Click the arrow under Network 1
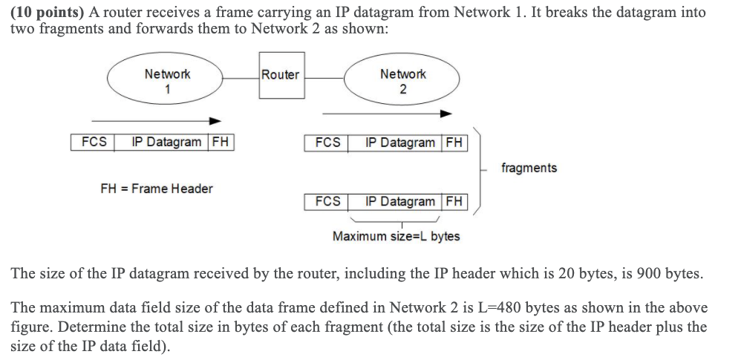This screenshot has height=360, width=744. point(156,120)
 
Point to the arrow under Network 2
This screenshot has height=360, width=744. point(386,114)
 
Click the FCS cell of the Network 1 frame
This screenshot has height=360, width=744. point(93,142)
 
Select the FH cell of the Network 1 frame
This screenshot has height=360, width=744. point(221,142)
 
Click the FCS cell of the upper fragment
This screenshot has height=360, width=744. point(327,143)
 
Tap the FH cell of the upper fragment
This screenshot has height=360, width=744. point(454,143)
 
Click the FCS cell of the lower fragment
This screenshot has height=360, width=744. point(327,201)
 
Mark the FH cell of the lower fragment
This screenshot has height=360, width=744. point(454,201)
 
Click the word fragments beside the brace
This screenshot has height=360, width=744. point(529,168)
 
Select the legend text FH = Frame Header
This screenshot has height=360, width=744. point(156,189)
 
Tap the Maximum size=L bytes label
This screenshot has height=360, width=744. point(396,236)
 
